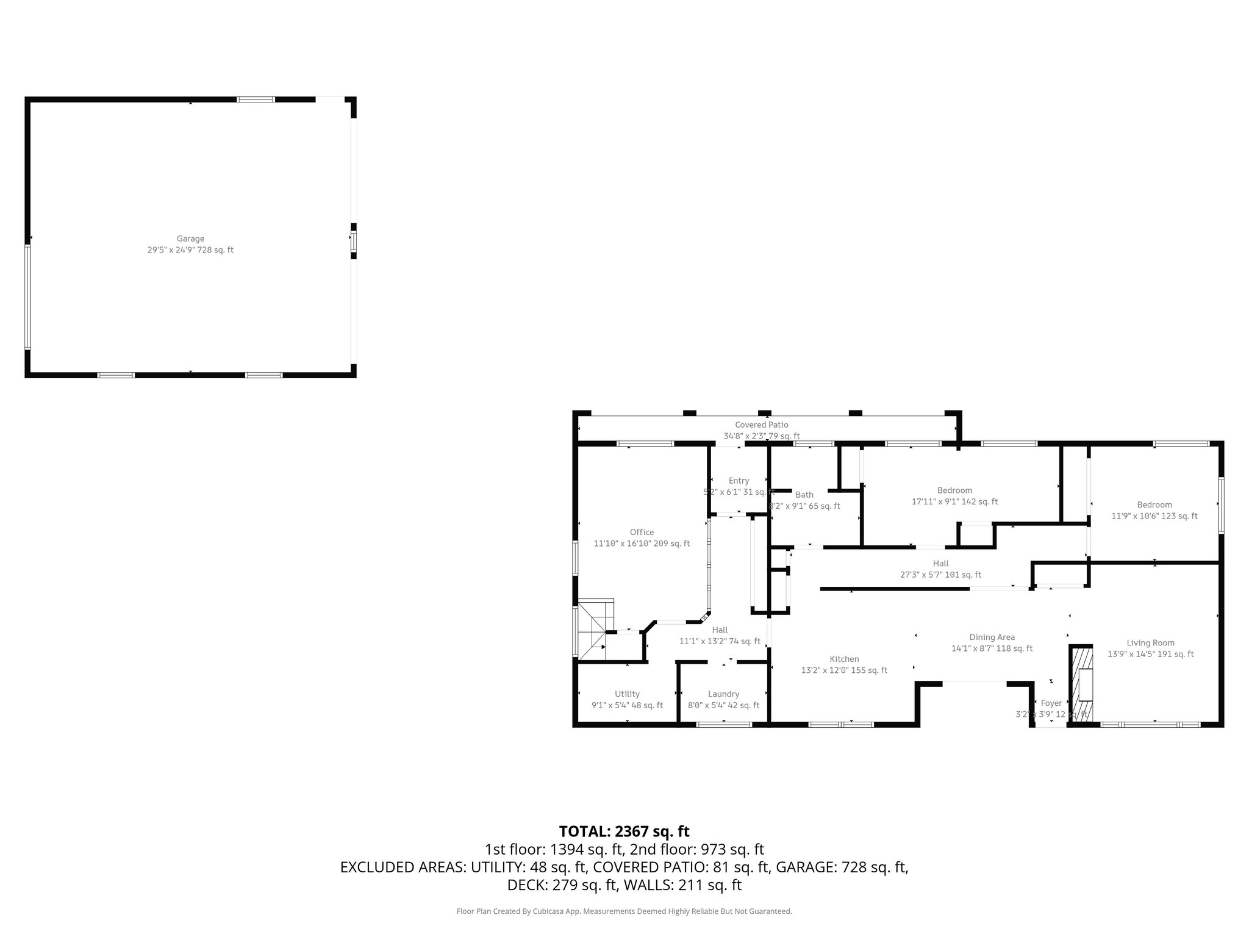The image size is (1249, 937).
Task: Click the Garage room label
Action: [190, 239]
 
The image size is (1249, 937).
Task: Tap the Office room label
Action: [642, 532]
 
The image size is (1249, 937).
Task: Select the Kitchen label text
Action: [844, 659]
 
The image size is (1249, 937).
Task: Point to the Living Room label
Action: [1150, 642]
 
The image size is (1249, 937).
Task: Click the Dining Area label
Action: [992, 637]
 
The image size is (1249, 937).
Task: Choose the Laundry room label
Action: [723, 694]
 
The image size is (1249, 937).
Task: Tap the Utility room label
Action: [627, 694]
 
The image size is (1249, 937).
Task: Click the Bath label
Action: [804, 495]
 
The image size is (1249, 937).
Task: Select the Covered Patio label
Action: [761, 425]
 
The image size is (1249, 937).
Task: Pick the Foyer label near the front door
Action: [1051, 703]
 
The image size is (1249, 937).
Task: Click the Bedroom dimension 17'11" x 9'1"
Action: [954, 501]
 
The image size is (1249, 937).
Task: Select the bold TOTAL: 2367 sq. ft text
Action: [624, 831]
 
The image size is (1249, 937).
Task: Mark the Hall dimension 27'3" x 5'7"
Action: [940, 574]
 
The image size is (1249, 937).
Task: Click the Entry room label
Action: [739, 481]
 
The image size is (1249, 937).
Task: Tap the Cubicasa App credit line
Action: [624, 911]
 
